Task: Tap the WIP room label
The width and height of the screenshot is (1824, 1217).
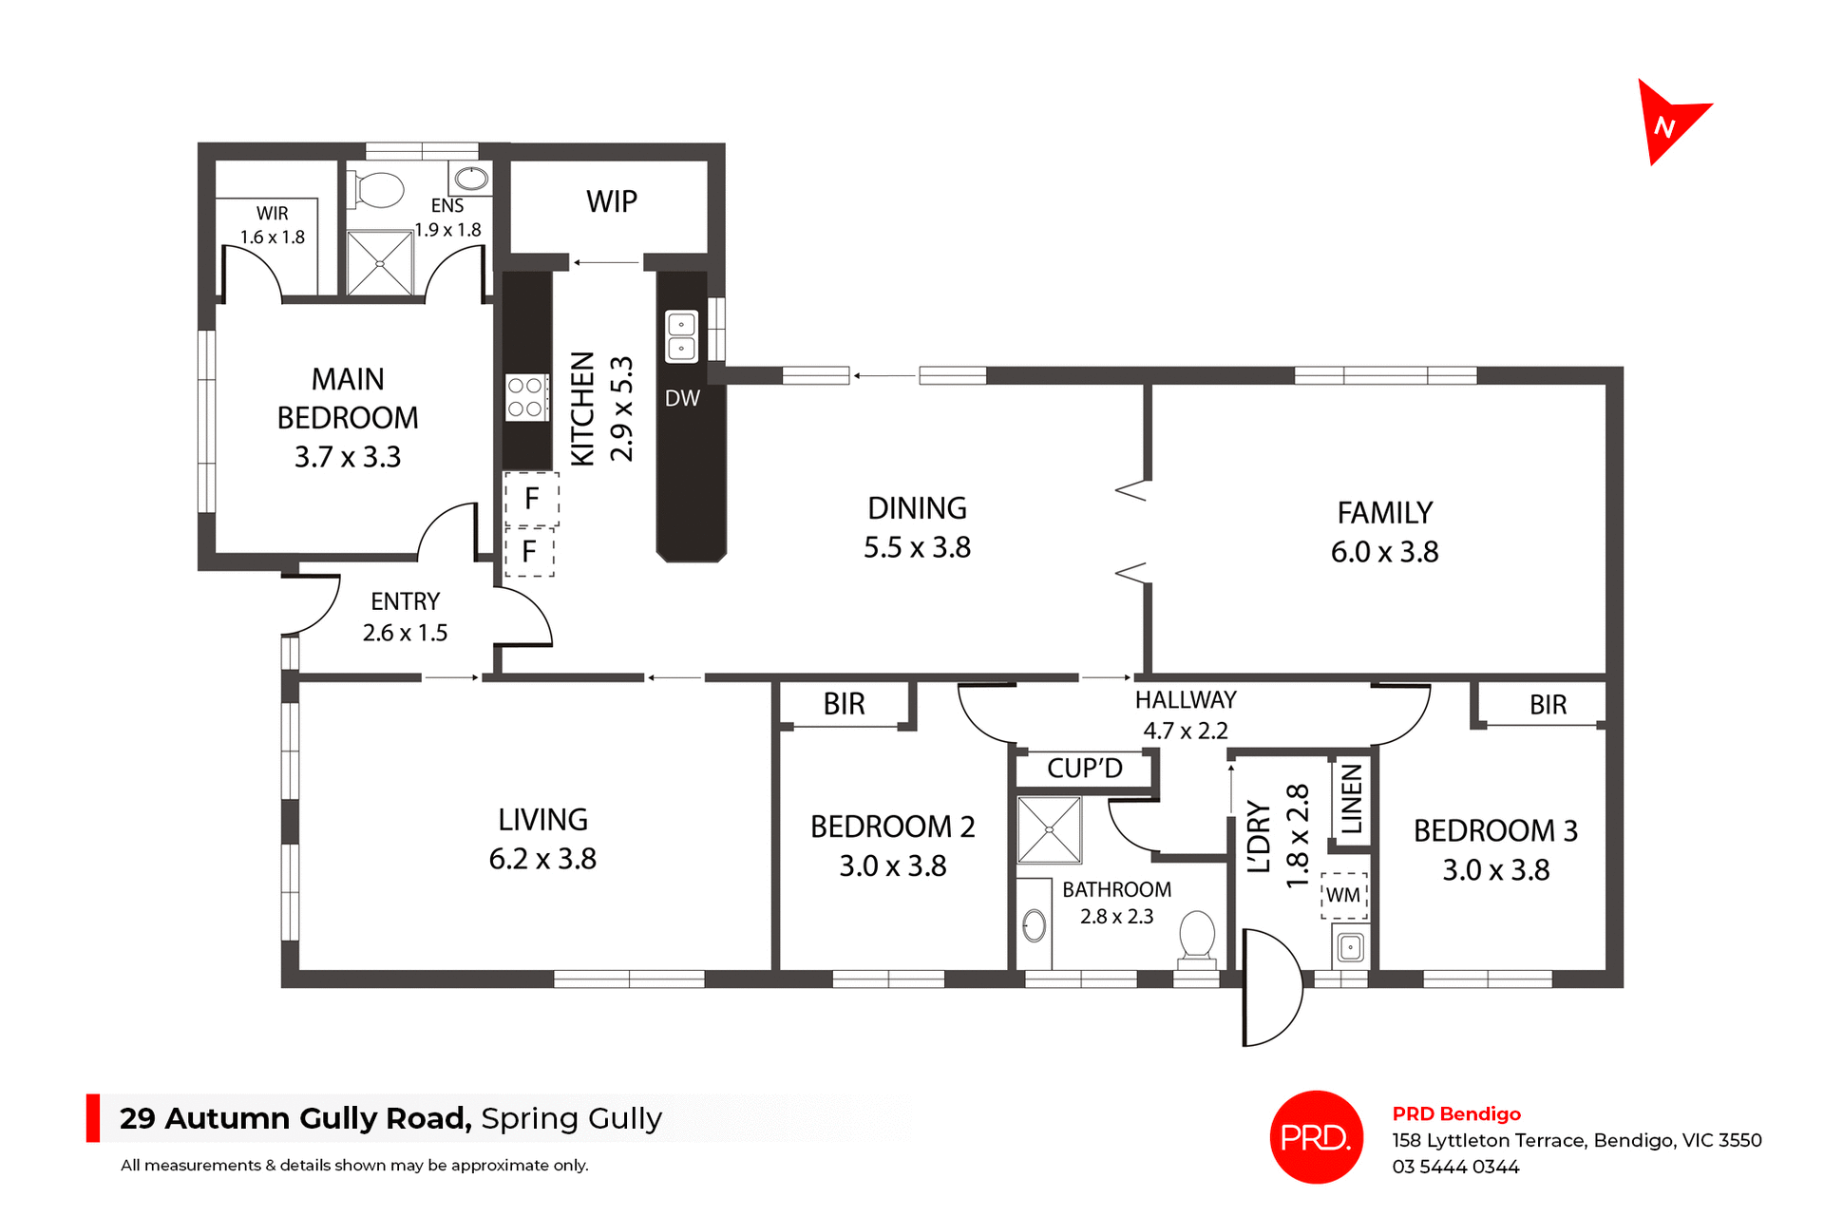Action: pos(612,202)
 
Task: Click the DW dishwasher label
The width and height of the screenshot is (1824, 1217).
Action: pos(682,399)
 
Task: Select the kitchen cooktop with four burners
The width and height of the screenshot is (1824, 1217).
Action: pos(525,397)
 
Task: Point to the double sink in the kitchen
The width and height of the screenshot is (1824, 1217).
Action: pos(681,336)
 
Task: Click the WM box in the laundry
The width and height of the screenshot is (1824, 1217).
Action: pos(1343,895)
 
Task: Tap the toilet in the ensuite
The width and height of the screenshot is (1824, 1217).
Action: pos(378,188)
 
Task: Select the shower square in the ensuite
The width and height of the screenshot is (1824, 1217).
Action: pos(380,263)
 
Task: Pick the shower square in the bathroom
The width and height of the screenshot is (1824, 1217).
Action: pos(1049,829)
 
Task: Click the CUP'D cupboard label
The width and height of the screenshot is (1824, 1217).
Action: pos(1085,769)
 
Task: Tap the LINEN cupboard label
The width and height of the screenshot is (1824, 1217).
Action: pos(1352,799)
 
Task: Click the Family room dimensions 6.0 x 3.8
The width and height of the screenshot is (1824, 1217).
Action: pos(1384,552)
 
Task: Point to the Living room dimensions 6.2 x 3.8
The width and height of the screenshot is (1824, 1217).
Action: pos(542,859)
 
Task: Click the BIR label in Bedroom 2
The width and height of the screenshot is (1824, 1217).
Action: pos(844,705)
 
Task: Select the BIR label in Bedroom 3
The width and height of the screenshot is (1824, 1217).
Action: pos(1548,705)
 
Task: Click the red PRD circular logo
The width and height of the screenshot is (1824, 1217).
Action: pos(1316,1137)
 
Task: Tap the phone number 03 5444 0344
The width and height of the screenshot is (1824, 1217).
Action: pos(1455,1167)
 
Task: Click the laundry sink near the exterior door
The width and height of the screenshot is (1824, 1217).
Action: pos(1350,947)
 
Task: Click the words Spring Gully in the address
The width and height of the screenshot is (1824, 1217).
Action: pos(571,1119)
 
